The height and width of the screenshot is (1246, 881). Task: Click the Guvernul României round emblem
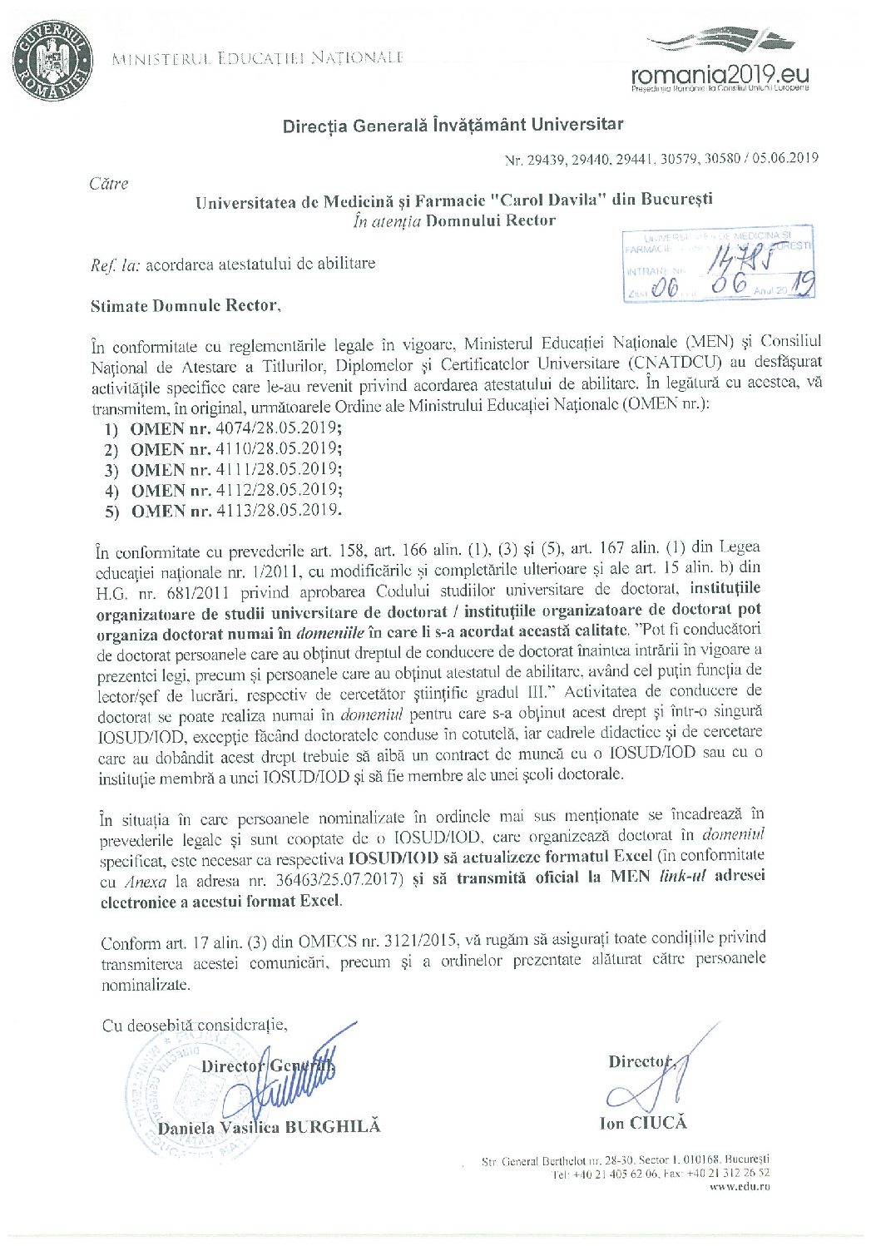click(52, 61)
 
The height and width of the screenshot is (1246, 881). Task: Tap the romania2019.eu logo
click(720, 67)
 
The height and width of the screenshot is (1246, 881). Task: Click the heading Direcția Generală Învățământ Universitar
click(453, 126)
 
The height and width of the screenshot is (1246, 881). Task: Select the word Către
click(109, 184)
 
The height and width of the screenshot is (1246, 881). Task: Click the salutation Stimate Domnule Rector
click(186, 306)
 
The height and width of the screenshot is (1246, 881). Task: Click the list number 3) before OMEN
click(112, 471)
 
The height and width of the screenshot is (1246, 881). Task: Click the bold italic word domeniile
click(329, 631)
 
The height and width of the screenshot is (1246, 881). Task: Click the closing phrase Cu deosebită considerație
click(195, 1025)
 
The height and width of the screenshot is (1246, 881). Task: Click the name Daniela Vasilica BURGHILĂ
click(269, 1127)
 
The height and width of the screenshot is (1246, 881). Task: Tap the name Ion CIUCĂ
click(643, 1123)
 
